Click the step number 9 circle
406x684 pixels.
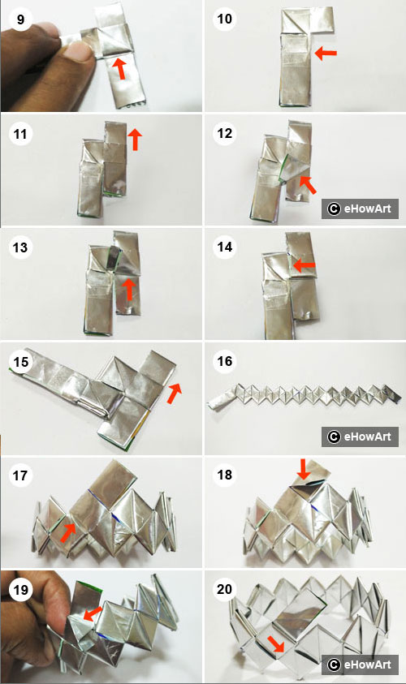pyautogui.click(x=17, y=17)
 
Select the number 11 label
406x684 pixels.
pyautogui.click(x=17, y=132)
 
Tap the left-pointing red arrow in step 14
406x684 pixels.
pyautogui.click(x=303, y=265)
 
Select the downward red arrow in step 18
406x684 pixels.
pyautogui.click(x=303, y=469)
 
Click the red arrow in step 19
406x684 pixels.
pyautogui.click(x=94, y=611)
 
